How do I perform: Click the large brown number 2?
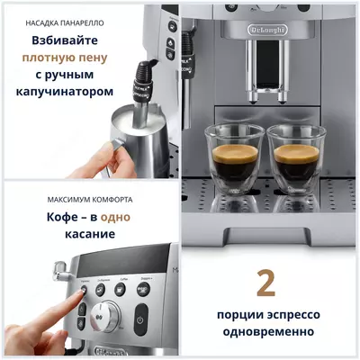(x=265, y=282)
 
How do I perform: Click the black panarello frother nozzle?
(x=139, y=91)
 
